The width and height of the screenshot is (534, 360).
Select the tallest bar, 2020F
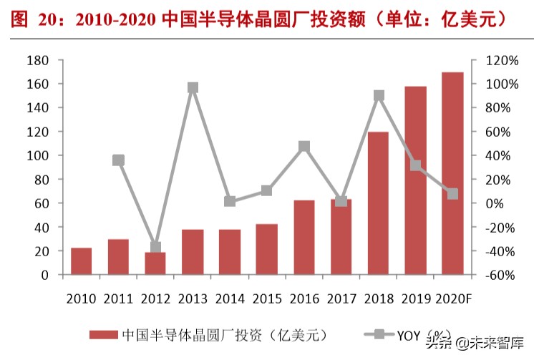pos(452,173)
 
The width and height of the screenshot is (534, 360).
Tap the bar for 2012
pos(155,263)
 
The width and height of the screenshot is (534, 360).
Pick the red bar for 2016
pos(304,238)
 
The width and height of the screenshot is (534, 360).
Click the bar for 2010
pos(81,261)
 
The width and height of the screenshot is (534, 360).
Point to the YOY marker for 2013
pos(193,88)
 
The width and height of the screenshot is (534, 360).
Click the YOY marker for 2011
pos(118,160)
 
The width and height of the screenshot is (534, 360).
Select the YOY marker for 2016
pos(304,147)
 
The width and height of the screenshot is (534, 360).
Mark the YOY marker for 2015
pos(267,190)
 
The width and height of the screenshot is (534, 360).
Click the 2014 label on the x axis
pos(230,296)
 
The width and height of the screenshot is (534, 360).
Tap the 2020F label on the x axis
pos(452,296)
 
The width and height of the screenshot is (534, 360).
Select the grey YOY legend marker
pos(378,334)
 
